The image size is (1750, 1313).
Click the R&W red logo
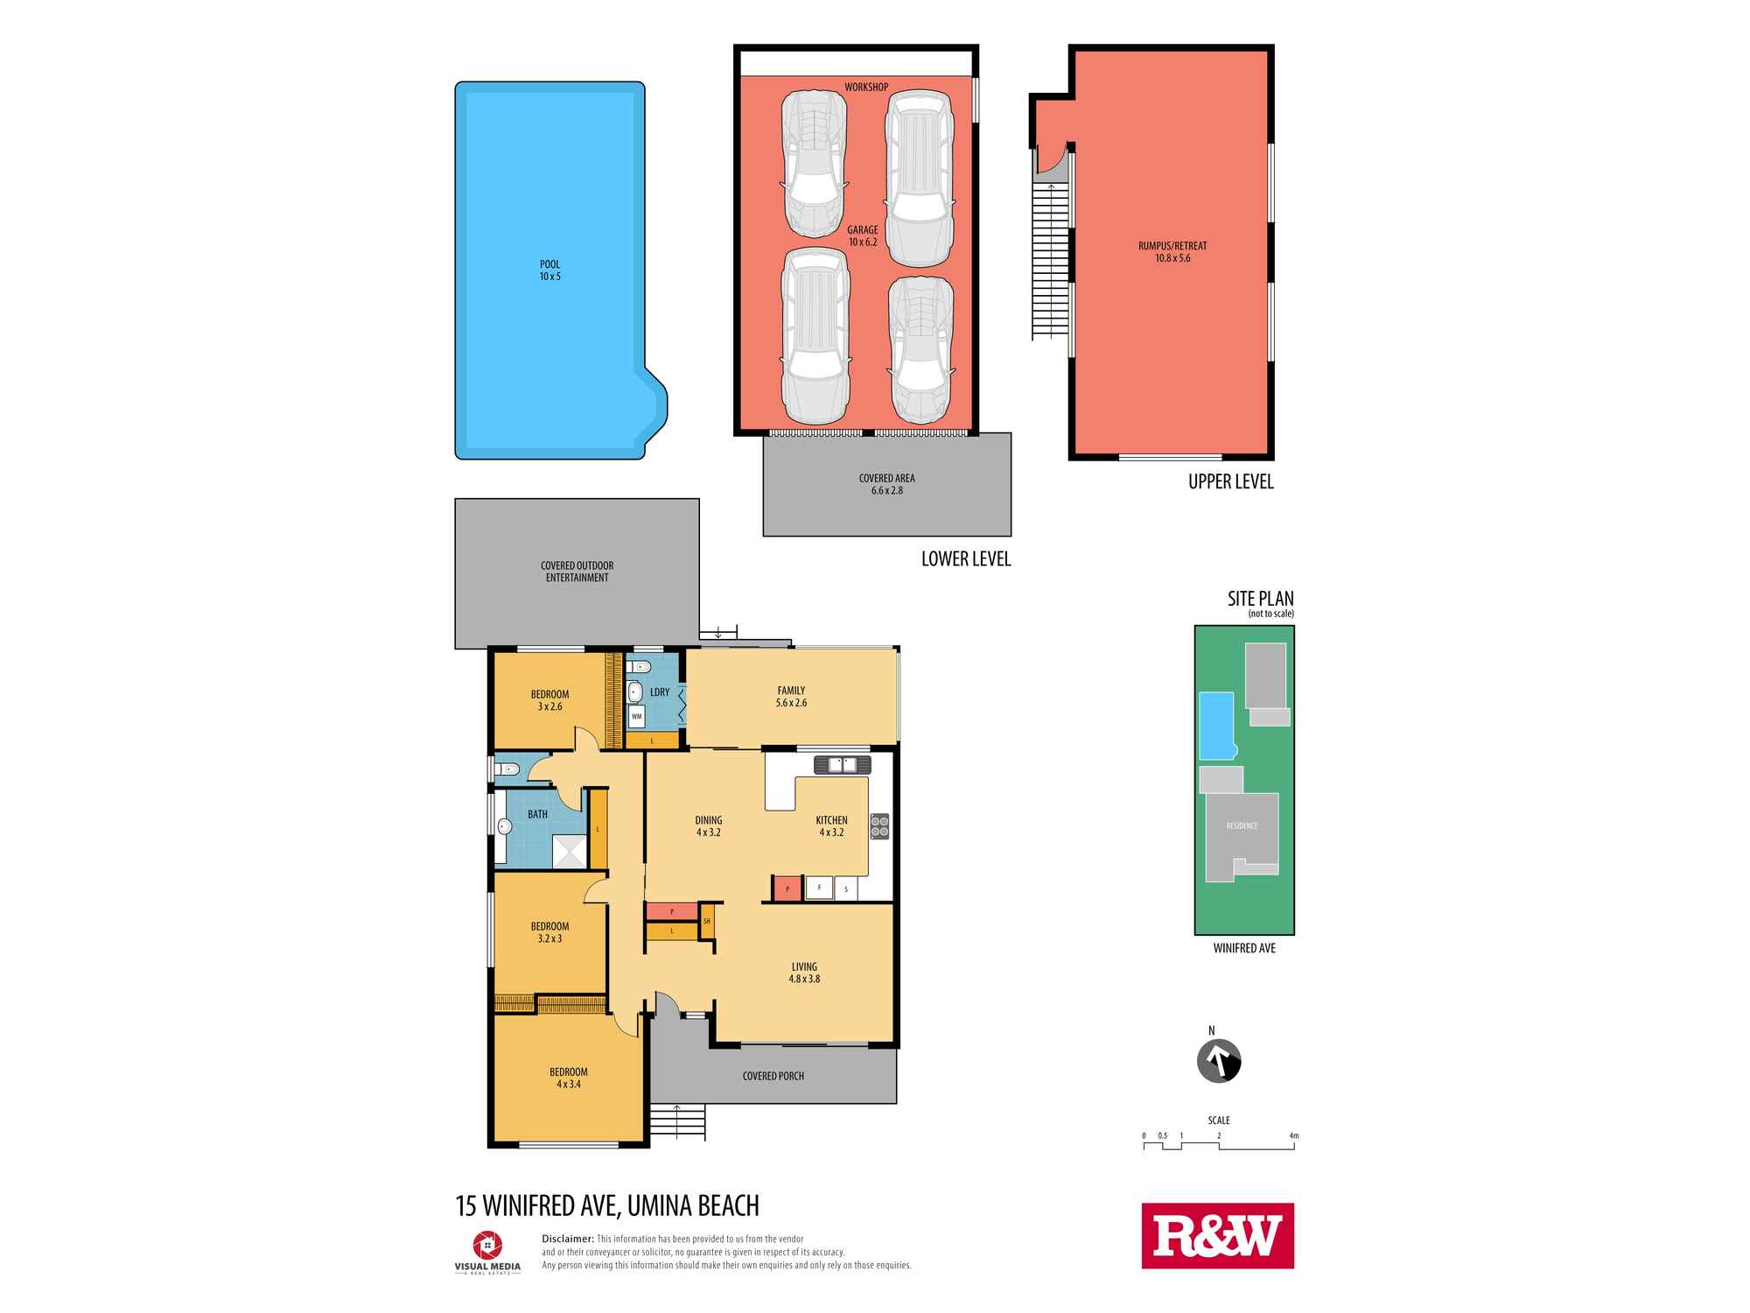click(1217, 1235)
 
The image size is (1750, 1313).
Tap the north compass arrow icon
click(1219, 1061)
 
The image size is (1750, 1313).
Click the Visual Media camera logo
click(487, 1244)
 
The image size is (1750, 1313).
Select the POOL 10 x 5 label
click(549, 270)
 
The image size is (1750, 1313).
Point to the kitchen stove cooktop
click(879, 826)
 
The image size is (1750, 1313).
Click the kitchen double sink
click(842, 764)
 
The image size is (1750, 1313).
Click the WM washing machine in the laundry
click(636, 716)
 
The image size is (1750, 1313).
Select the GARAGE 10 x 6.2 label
click(863, 235)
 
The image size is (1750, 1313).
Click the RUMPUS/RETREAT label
click(1172, 252)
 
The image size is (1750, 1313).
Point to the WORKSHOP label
click(866, 88)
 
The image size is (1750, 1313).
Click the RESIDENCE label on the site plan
click(1242, 825)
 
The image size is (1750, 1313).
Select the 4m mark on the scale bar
click(1294, 1136)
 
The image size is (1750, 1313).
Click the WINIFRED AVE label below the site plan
click(1244, 948)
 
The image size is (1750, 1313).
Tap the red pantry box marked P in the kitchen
click(787, 889)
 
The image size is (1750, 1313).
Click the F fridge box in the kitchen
click(819, 888)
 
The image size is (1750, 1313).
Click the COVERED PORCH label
click(773, 1076)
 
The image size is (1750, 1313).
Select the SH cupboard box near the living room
click(707, 921)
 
